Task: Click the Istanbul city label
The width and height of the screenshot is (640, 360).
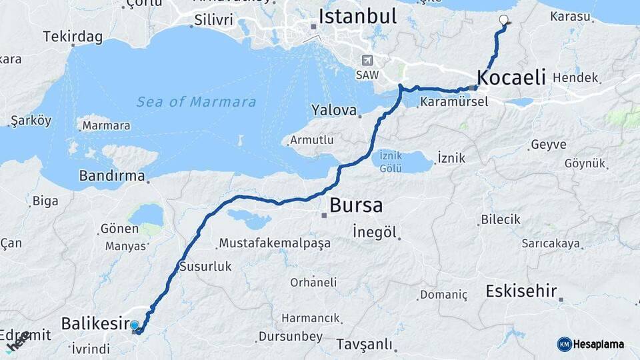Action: tap(357, 16)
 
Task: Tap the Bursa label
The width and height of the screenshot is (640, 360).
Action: tap(356, 205)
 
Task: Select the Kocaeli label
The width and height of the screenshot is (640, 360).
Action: tap(512, 77)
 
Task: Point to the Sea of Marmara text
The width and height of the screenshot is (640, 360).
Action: tap(196, 102)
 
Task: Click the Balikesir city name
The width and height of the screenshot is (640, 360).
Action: tap(94, 324)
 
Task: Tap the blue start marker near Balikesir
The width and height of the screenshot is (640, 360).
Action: tap(135, 326)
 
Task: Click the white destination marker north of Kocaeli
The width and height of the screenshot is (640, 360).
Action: tap(503, 20)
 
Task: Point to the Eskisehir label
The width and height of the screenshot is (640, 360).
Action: tap(521, 291)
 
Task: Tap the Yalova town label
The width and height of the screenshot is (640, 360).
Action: tap(335, 109)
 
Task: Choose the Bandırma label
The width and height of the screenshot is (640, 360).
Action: tap(112, 176)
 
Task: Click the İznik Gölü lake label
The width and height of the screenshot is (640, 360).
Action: tap(391, 161)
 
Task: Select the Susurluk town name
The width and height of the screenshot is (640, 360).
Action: tap(205, 266)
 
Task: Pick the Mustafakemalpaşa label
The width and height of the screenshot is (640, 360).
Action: tap(275, 243)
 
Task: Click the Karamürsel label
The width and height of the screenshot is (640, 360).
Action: tap(455, 102)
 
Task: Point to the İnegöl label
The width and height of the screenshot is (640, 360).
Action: tap(375, 232)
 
